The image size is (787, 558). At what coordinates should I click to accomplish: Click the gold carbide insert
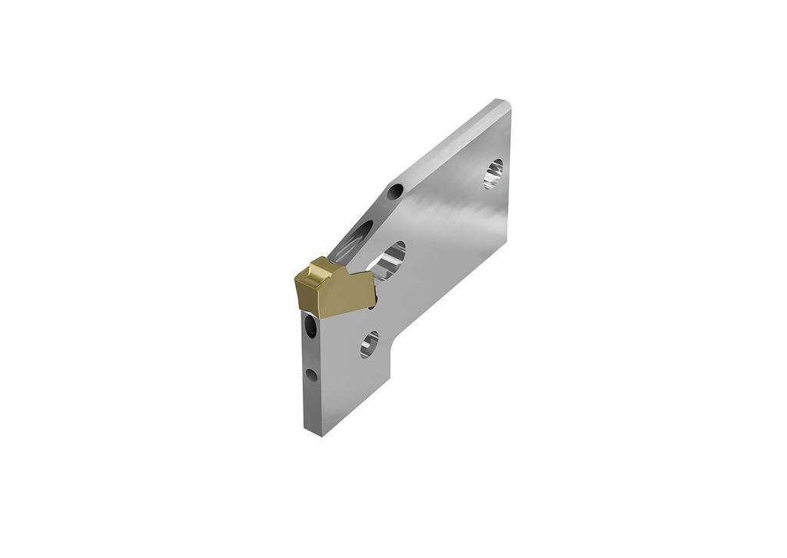[x=330, y=287]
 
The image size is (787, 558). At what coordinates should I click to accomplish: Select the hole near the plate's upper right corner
[x=493, y=173]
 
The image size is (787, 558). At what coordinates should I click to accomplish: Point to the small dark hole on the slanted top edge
[x=395, y=191]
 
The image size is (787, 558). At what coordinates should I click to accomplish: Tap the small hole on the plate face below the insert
[x=370, y=343]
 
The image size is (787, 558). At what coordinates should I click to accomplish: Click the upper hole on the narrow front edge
[x=310, y=328]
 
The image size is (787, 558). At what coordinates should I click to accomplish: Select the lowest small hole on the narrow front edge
[x=310, y=375]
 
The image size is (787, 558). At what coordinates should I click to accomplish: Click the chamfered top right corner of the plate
[x=504, y=102]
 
